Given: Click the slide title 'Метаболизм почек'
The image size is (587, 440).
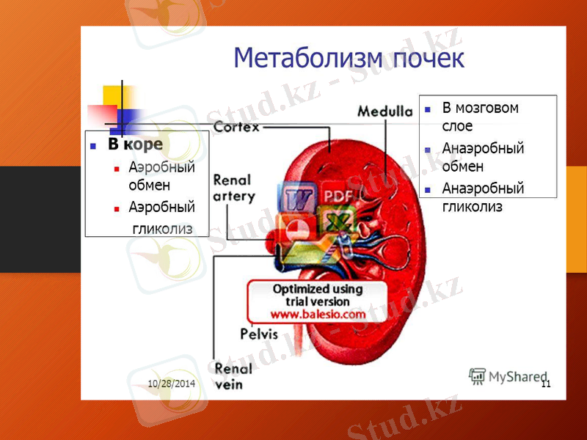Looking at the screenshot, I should pyautogui.click(x=349, y=58).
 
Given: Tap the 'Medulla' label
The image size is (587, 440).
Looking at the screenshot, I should pyautogui.click(x=384, y=111).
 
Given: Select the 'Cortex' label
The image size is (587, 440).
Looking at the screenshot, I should pyautogui.click(x=236, y=128).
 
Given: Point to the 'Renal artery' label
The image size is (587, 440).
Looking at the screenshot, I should pyautogui.click(x=233, y=188).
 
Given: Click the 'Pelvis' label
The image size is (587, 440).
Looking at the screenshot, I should pyautogui.click(x=259, y=334).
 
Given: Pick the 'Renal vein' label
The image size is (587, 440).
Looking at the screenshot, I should pyautogui.click(x=233, y=375).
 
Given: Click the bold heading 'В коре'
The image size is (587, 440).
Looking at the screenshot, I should pyautogui.click(x=135, y=144).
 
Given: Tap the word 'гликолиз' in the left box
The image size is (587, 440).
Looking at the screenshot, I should pyautogui.click(x=162, y=228).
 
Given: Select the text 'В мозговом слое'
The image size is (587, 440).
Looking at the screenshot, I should pyautogui.click(x=480, y=117).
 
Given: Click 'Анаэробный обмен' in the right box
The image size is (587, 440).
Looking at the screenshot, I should pyautogui.click(x=483, y=157).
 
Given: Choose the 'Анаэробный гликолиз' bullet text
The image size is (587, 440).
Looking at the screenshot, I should pyautogui.click(x=483, y=197).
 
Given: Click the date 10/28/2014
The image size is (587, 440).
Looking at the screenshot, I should pyautogui.click(x=171, y=384).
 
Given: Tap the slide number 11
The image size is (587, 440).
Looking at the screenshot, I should pyautogui.click(x=545, y=384).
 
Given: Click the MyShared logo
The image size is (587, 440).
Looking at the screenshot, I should pyautogui.click(x=508, y=376).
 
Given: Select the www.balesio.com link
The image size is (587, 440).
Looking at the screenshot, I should pyautogui.click(x=318, y=314).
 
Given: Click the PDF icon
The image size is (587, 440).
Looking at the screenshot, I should pyautogui.click(x=338, y=196).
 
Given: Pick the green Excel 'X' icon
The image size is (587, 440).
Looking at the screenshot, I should pyautogui.click(x=334, y=221).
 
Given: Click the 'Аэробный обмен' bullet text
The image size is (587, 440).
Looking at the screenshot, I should pyautogui.click(x=161, y=176).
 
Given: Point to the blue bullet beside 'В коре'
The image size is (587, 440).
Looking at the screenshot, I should pyautogui.click(x=93, y=145).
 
